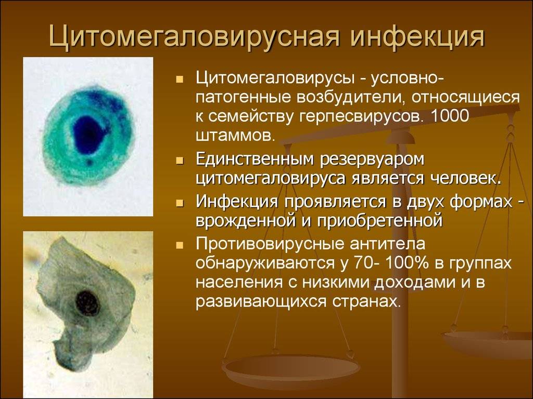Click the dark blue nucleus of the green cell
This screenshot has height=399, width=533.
[88, 135]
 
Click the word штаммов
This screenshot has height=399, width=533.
[235, 136]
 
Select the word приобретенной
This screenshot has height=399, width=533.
[380, 221]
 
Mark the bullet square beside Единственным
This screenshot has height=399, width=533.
[180, 161]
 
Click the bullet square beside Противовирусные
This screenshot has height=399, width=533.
[180, 245]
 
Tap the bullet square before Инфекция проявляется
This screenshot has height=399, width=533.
[180, 203]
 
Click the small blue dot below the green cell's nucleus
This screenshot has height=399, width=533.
[90, 162]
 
